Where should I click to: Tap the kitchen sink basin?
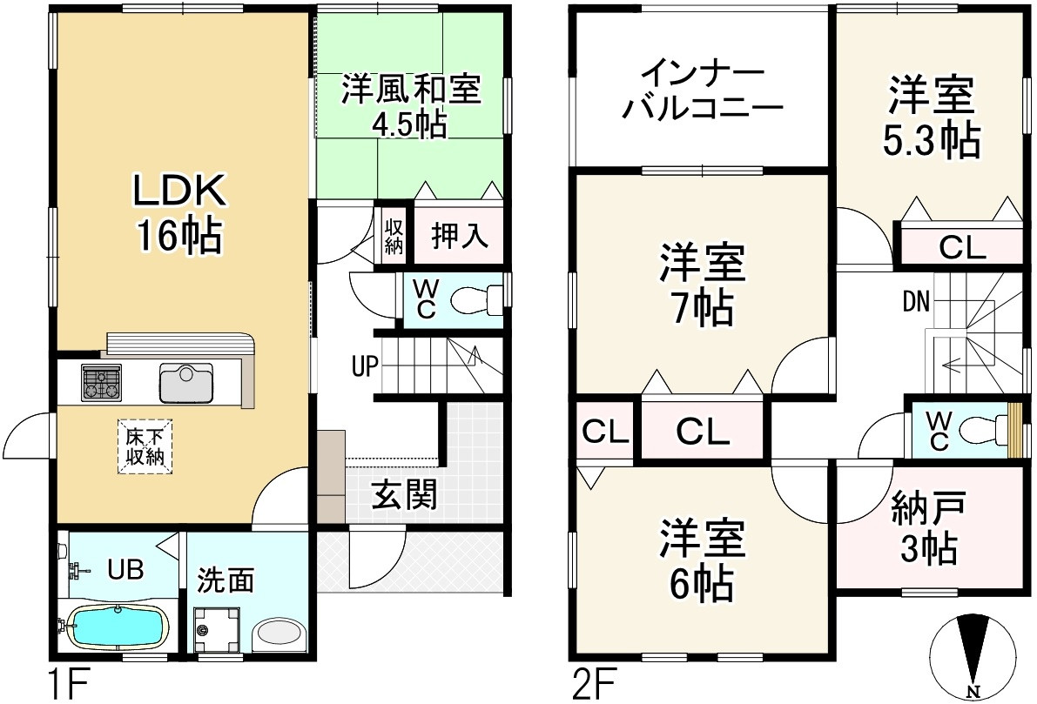186,384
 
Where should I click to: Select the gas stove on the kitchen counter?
101,383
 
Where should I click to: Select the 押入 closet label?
458,237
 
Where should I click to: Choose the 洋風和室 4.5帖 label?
410,105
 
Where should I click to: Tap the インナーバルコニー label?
704,91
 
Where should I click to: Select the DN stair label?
915,302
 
